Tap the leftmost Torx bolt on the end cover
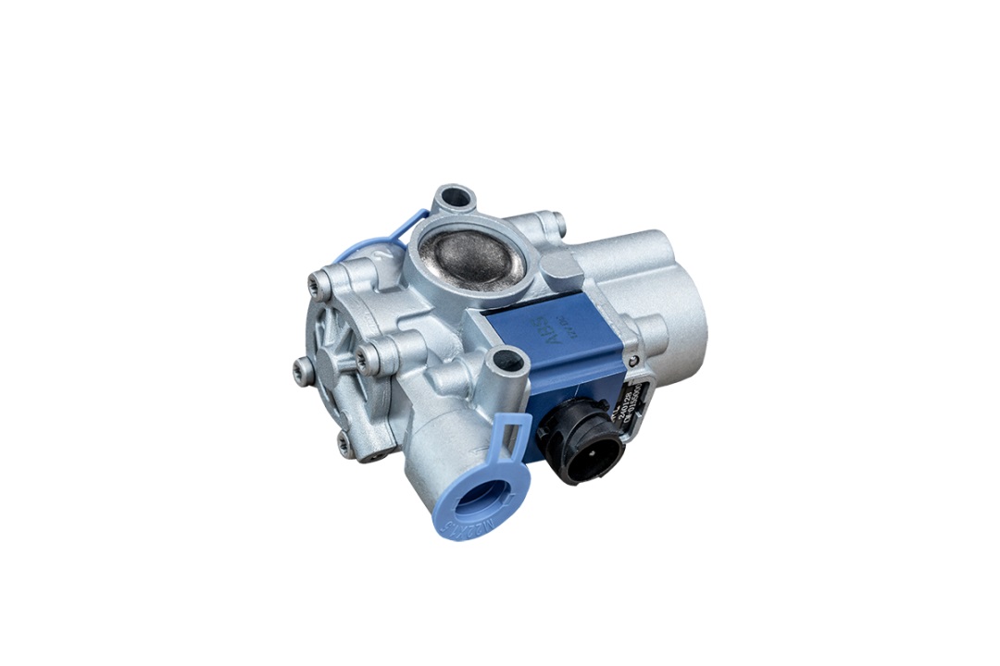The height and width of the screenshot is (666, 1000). coord(303,370)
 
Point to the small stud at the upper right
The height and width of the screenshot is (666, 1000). coord(556,222)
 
